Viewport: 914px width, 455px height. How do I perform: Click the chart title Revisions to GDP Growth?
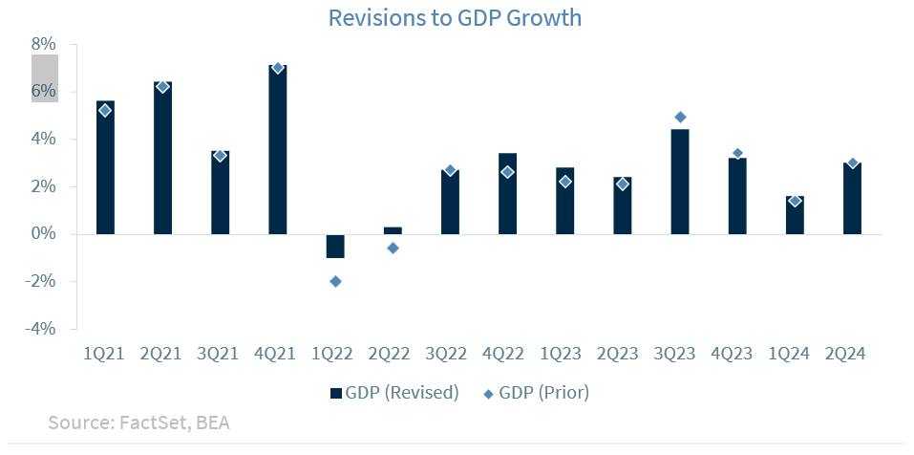(x=455, y=17)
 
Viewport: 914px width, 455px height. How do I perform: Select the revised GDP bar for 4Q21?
(x=278, y=149)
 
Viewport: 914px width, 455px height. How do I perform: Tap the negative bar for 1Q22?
(x=335, y=247)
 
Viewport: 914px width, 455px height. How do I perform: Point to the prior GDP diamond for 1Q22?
(x=335, y=282)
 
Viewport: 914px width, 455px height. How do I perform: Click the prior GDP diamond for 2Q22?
(x=393, y=248)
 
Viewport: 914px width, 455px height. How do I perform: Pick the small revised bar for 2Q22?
(x=393, y=230)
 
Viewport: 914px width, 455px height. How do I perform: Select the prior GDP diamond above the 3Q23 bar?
(x=680, y=118)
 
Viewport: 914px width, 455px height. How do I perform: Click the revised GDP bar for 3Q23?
(x=680, y=182)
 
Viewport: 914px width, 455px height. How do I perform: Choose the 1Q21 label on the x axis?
(x=105, y=354)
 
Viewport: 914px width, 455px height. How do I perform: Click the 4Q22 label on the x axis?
(x=508, y=354)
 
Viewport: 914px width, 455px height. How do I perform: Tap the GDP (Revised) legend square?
(x=336, y=393)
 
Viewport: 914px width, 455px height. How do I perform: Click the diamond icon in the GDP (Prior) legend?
(x=488, y=394)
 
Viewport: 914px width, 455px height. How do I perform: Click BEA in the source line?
(x=213, y=422)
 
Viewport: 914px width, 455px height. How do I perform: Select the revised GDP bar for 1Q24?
(x=795, y=215)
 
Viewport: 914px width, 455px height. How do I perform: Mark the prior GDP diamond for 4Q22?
(x=508, y=172)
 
